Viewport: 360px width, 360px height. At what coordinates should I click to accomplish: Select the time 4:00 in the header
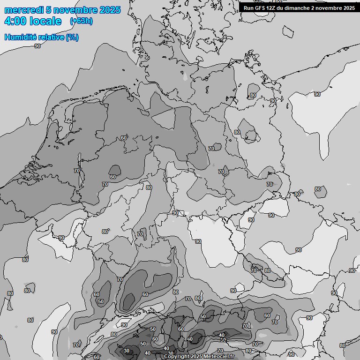tap(15, 21)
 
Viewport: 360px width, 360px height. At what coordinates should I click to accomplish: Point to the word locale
tap(45, 21)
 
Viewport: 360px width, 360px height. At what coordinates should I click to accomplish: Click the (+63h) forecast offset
tap(81, 21)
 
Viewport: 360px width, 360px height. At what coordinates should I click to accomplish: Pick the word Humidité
tap(20, 37)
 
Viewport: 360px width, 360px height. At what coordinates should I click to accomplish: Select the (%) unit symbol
tap(72, 37)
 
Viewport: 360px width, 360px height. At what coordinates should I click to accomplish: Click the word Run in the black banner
tap(248, 8)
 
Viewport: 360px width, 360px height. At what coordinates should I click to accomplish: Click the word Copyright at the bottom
tap(177, 356)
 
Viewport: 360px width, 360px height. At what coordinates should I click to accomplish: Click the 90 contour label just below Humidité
tap(37, 46)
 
